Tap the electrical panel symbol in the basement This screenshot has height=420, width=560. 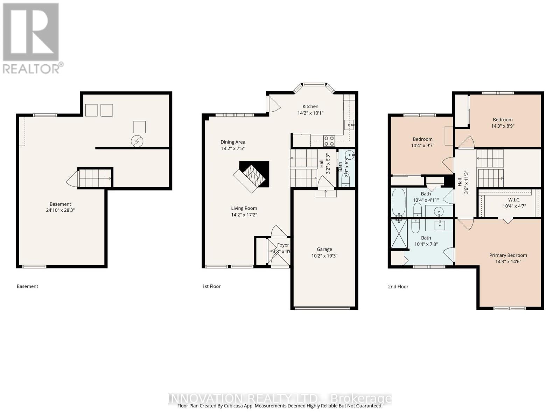coord(137,141)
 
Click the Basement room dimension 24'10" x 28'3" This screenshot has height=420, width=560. coord(60,210)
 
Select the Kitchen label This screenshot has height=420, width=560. coord(310,106)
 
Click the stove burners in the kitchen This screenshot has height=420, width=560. coord(329,141)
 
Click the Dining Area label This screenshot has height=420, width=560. coord(233,142)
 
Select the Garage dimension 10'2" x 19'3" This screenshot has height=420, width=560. coord(324,256)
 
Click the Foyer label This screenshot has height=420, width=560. coord(283,245)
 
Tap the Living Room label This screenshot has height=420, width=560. coord(244,208)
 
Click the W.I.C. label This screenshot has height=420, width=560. coord(514,200)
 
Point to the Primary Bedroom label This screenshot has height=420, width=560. coord(508,255)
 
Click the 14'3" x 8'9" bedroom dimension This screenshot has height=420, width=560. coord(503,126)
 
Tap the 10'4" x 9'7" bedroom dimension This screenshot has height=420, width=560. coord(422,146)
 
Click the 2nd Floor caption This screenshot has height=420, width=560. coord(398,286)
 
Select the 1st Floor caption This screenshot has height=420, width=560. coord(211,286)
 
